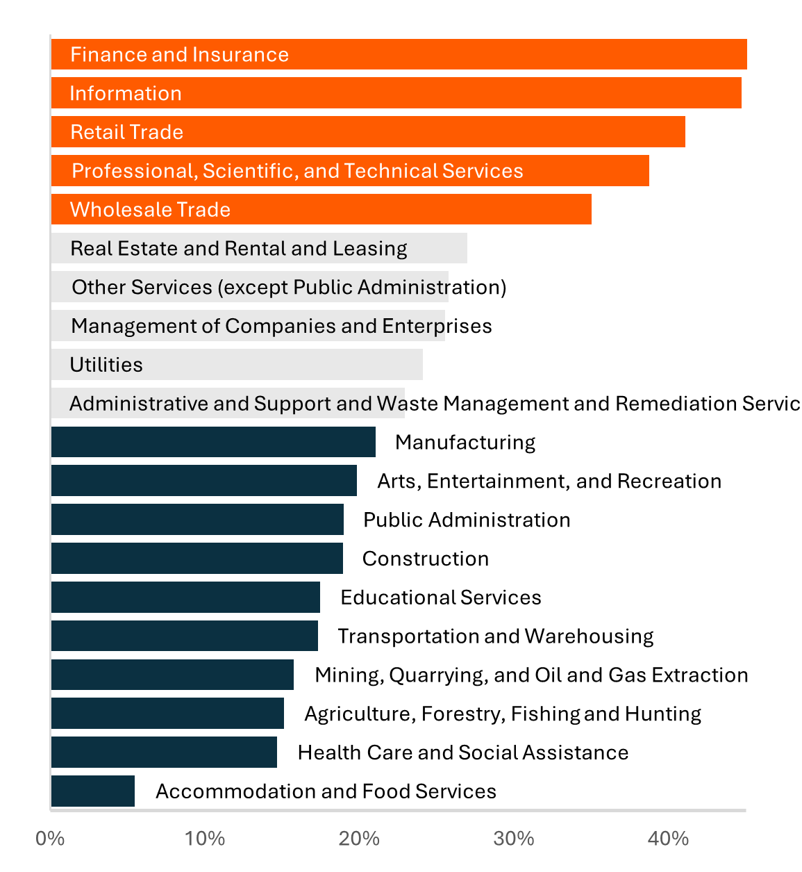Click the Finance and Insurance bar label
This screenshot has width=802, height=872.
coord(179,55)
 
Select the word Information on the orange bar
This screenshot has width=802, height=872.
coord(126,94)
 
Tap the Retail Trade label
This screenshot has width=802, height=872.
coord(127,132)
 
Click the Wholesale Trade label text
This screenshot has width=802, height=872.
coord(150,210)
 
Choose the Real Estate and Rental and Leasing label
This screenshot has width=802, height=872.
coord(239,249)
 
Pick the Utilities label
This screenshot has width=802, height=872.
coord(106,365)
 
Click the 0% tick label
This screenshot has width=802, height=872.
coord(50,839)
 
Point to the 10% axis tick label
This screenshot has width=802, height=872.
coord(205,839)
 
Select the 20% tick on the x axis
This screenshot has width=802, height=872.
coord(359,839)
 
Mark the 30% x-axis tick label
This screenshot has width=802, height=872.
coord(514,839)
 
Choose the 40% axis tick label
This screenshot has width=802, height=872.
coord(668,839)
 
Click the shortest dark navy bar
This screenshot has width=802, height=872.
coord(93,791)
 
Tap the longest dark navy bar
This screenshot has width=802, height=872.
coord(213,442)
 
